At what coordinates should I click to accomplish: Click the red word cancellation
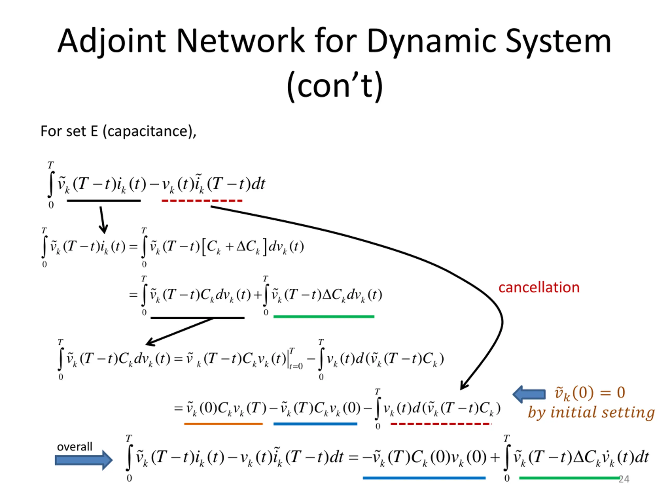(x=539, y=287)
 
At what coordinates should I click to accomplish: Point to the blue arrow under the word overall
(x=83, y=460)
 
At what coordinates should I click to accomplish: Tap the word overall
(x=75, y=446)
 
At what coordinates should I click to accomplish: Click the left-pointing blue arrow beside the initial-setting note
(x=529, y=394)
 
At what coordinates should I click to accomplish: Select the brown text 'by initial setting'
(x=591, y=412)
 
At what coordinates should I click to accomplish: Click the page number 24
(x=624, y=479)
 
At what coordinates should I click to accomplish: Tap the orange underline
(x=223, y=424)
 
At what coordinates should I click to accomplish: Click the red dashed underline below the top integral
(x=202, y=201)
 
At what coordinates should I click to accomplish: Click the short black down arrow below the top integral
(x=103, y=220)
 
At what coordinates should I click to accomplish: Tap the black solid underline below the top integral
(x=104, y=201)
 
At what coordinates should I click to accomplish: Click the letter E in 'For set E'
(x=94, y=131)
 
